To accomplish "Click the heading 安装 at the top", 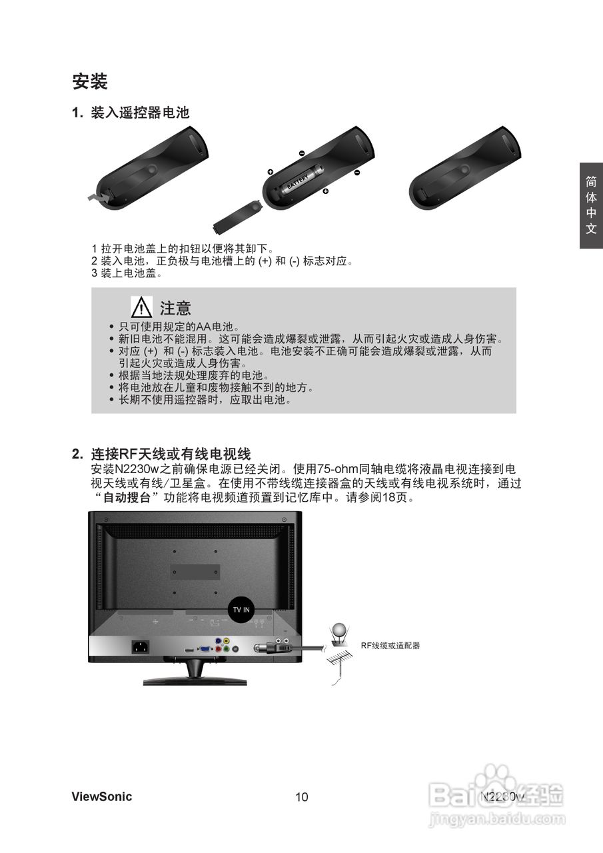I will (x=90, y=82).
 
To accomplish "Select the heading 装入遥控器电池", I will (x=140, y=113).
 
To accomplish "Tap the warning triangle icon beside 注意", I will (x=142, y=307).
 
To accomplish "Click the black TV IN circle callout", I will (x=241, y=609).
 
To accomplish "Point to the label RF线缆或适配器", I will (x=390, y=646).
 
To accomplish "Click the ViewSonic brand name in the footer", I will (x=102, y=796).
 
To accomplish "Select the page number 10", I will (x=302, y=797).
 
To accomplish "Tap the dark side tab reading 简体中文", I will (x=590, y=205).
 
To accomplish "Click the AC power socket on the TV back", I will (x=140, y=646).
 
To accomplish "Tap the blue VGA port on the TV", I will (x=207, y=647).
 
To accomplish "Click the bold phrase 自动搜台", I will (x=126, y=498).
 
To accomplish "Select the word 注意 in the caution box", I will (x=175, y=308).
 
